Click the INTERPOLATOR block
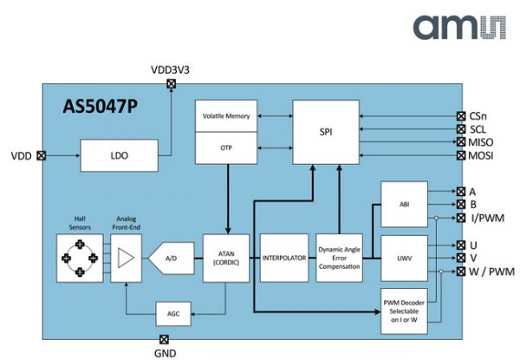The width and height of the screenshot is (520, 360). (284, 258)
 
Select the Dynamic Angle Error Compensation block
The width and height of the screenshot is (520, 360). (339, 258)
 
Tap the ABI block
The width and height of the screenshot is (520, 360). (404, 205)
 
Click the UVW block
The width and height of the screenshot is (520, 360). (404, 258)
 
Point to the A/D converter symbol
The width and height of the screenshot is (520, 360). (170, 258)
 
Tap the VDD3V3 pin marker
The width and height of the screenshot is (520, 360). (170, 84)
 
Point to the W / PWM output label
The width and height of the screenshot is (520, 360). (490, 272)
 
